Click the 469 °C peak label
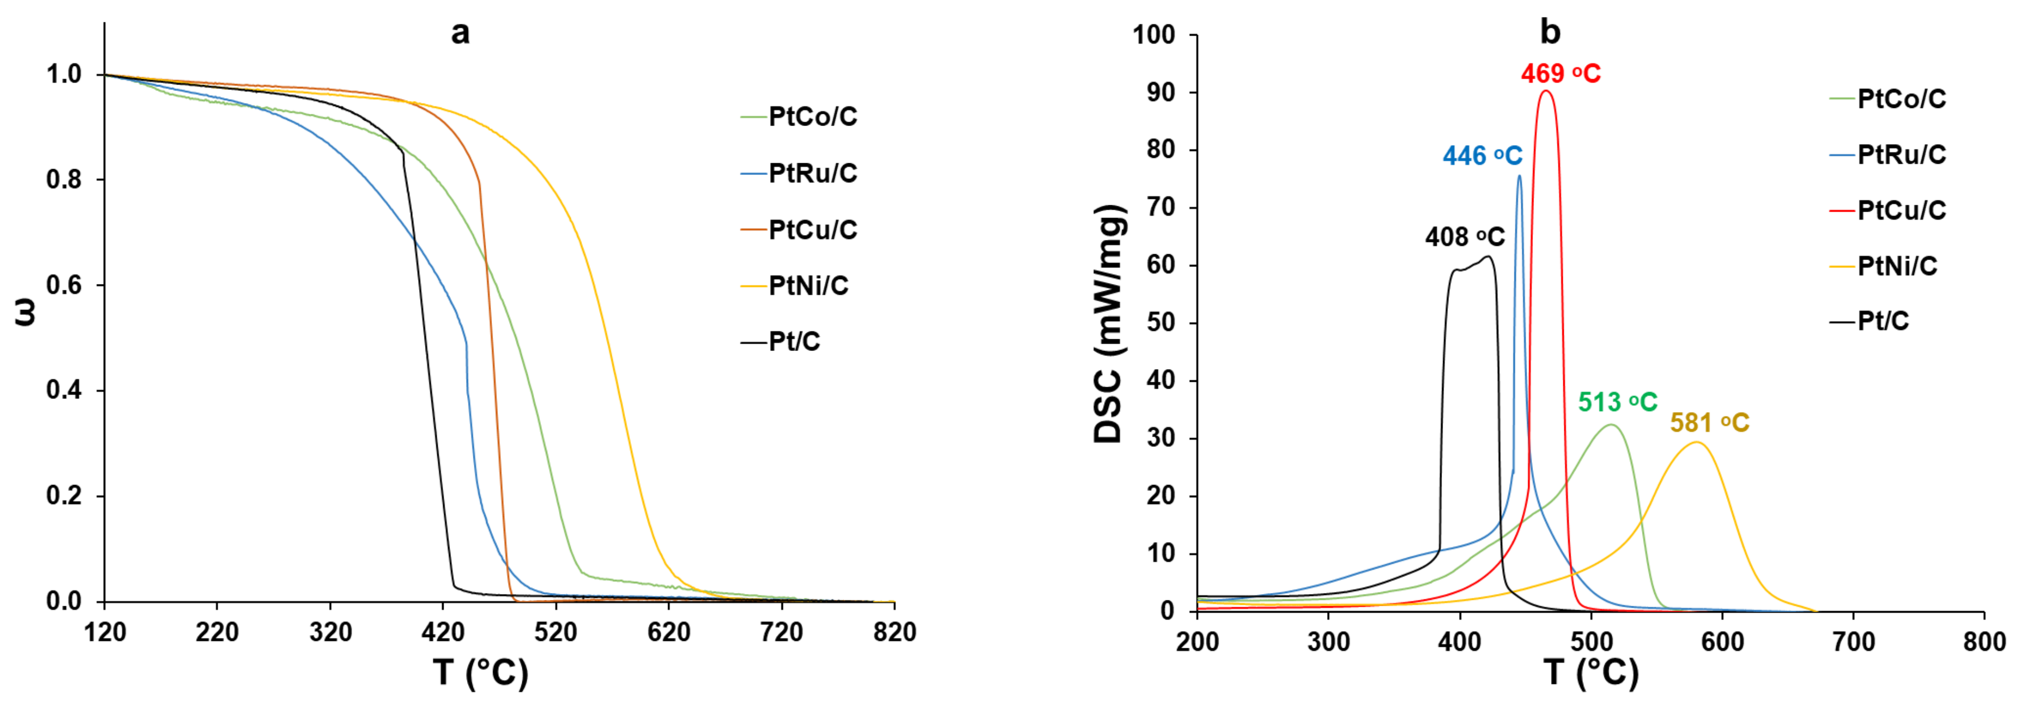[1561, 73]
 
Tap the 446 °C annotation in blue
[1482, 156]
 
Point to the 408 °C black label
[1464, 236]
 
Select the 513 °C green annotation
[1617, 402]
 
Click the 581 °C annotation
[1709, 423]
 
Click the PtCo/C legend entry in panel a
[812, 116]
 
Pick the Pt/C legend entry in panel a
[794, 342]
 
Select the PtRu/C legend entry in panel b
[1901, 155]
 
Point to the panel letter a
[461, 33]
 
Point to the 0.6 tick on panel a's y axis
[63, 285]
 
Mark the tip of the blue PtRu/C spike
[1520, 175]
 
